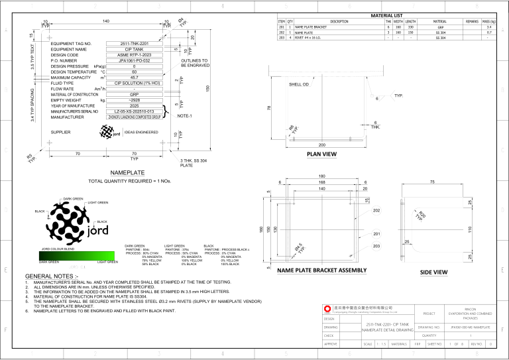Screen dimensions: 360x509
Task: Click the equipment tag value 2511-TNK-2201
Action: pyautogui.click(x=133, y=44)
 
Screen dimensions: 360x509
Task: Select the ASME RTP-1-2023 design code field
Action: pyautogui.click(x=133, y=55)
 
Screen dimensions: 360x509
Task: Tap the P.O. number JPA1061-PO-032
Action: pyautogui.click(x=133, y=60)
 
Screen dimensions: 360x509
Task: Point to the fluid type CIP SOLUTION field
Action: pyautogui.click(x=133, y=84)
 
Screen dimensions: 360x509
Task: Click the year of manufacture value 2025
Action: pyautogui.click(x=133, y=106)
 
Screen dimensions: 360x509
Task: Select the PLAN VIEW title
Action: pyautogui.click(x=323, y=154)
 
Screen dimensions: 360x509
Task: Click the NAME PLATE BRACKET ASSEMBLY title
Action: pyautogui.click(x=322, y=270)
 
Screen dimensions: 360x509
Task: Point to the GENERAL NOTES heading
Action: pyautogui.click(x=50, y=276)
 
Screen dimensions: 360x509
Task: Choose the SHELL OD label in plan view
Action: pyautogui.click(x=299, y=85)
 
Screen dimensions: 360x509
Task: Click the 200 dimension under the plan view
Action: pyautogui.click(x=322, y=144)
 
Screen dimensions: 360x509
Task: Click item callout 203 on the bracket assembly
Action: pyautogui.click(x=376, y=246)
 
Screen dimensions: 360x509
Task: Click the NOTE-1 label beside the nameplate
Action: pyautogui.click(x=184, y=115)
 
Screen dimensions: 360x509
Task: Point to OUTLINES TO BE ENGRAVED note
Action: pyautogui.click(x=195, y=63)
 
